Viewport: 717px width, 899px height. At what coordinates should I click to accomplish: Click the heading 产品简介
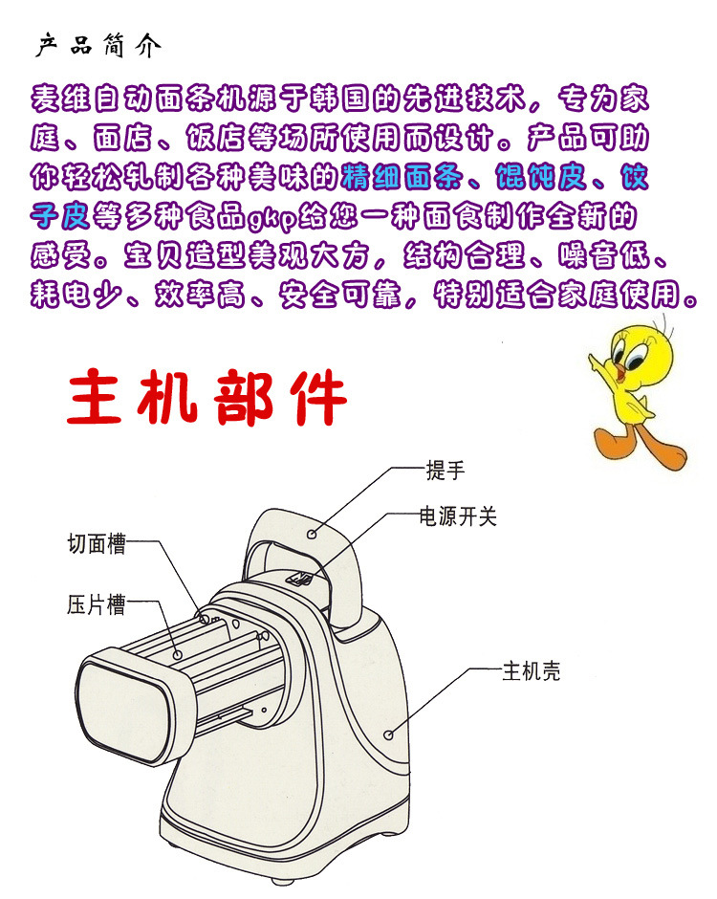98,46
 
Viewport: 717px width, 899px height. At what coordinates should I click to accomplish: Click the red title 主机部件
206,396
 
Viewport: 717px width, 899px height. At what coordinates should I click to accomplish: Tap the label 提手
445,471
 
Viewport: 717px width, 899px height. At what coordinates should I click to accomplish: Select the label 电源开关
457,516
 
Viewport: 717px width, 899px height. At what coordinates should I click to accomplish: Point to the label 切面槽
97,543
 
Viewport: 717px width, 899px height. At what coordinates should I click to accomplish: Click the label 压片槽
97,604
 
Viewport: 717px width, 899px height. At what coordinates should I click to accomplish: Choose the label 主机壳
531,670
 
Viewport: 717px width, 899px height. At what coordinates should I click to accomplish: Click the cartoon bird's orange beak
620,371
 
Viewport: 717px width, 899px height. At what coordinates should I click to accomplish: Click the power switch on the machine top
299,579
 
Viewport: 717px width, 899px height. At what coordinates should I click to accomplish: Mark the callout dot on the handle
312,534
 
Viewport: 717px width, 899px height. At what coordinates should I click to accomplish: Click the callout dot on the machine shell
388,735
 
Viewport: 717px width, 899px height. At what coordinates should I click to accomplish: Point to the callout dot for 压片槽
178,655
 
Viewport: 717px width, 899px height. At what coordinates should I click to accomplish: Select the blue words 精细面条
402,177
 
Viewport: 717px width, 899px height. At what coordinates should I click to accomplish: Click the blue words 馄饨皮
542,177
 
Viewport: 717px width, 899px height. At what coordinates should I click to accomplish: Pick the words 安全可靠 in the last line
340,295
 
